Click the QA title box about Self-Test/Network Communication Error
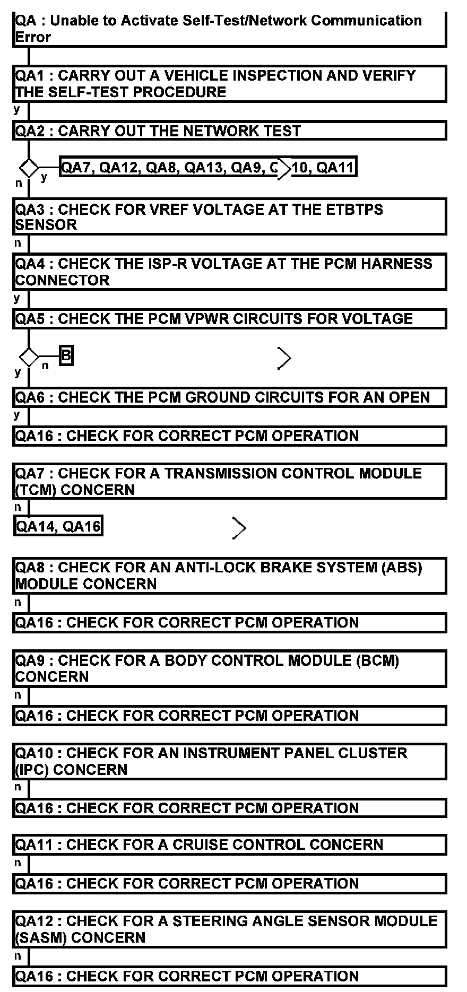pyautogui.click(x=229, y=29)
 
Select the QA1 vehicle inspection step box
pyautogui.click(x=229, y=84)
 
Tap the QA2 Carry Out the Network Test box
pyautogui.click(x=229, y=130)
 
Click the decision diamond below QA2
pyautogui.click(x=29, y=168)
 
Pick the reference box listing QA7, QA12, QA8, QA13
pyautogui.click(x=207, y=168)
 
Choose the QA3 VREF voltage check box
pyautogui.click(x=229, y=217)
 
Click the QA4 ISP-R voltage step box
pyautogui.click(x=229, y=272)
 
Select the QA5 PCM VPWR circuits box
pyautogui.click(x=229, y=319)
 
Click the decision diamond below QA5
pyautogui.click(x=29, y=356)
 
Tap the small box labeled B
pyautogui.click(x=66, y=355)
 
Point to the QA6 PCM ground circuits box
pyautogui.click(x=229, y=397)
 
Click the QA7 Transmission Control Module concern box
pyautogui.click(x=229, y=481)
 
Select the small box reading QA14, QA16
pyautogui.click(x=58, y=526)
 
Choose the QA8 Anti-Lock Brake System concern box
pyautogui.click(x=229, y=576)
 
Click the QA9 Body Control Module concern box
pyautogui.click(x=229, y=668)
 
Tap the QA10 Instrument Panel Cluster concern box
pyautogui.click(x=229, y=761)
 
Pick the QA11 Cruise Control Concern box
pyautogui.click(x=229, y=845)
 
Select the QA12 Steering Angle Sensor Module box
pyautogui.click(x=229, y=929)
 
